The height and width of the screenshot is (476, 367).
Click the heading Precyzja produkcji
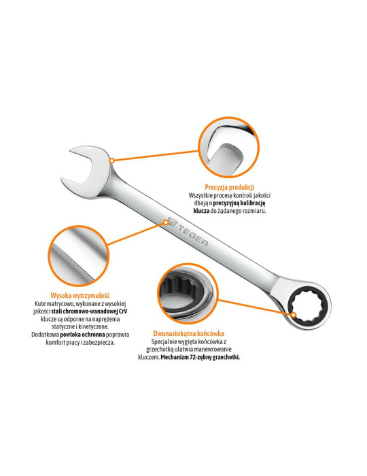click(229, 187)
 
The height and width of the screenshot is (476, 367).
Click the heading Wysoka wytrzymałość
click(80, 295)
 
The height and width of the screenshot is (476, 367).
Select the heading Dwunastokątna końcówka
click(189, 333)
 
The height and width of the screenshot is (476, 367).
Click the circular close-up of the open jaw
click(228, 148)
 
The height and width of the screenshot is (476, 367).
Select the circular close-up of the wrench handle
click(78, 256)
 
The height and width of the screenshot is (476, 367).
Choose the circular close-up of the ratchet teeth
click(188, 293)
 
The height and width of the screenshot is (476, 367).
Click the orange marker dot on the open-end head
click(111, 160)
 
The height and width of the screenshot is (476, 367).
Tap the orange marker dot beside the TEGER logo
click(166, 222)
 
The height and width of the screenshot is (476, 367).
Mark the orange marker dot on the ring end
click(294, 315)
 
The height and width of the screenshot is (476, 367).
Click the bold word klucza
click(201, 211)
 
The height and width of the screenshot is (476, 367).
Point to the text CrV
click(123, 311)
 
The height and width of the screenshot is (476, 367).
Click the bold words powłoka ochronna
click(82, 335)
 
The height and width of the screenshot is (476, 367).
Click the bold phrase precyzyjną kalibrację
click(239, 203)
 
